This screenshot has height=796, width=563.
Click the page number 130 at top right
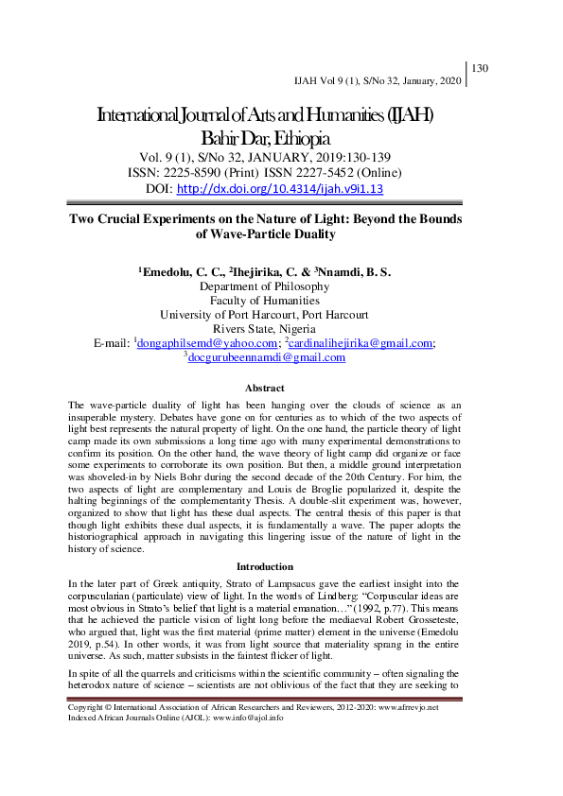[479, 68]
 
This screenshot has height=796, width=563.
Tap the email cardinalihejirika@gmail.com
[362, 343]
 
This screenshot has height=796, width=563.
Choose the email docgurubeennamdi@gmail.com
[268, 357]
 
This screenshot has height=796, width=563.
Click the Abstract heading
[265, 388]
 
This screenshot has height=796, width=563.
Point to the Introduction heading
[265, 566]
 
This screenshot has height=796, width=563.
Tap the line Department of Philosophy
[265, 286]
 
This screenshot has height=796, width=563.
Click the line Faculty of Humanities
[265, 301]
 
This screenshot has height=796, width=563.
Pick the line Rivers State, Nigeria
[265, 329]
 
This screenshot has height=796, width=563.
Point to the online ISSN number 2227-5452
[335, 173]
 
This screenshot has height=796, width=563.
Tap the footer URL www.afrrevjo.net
[410, 708]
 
